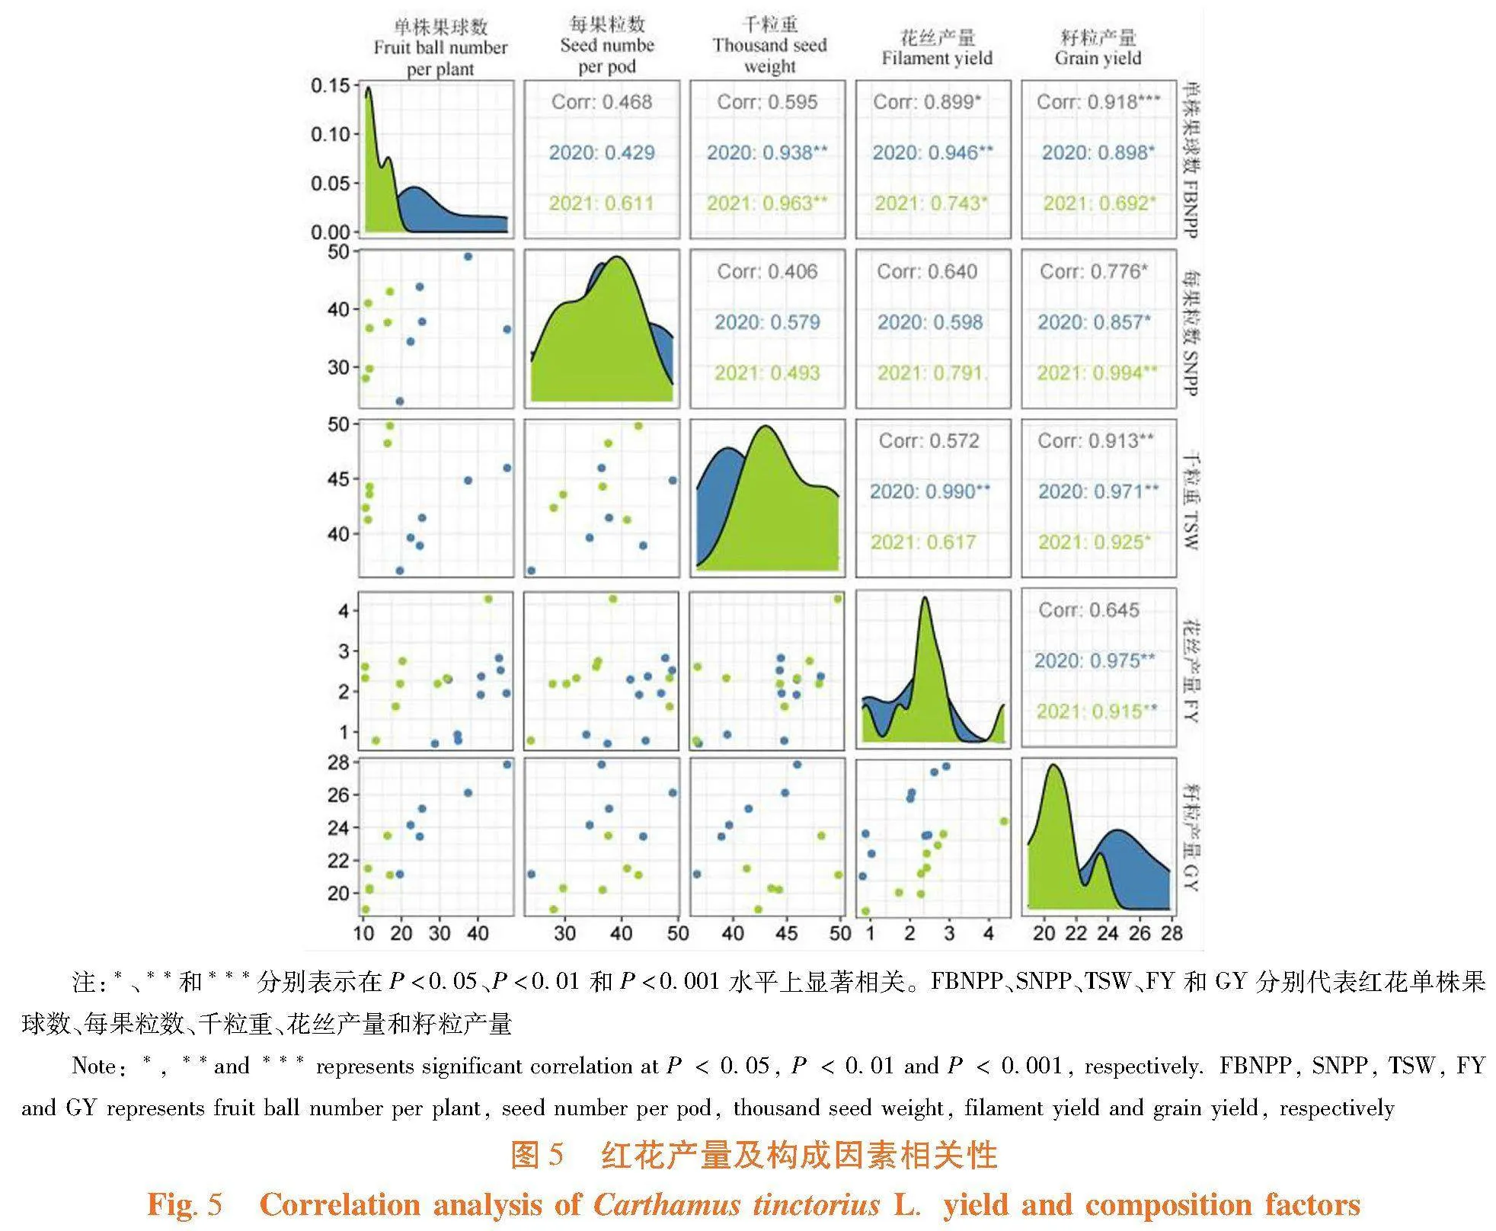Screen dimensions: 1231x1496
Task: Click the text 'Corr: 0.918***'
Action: point(1098,102)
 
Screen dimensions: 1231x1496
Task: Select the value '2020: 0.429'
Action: point(602,153)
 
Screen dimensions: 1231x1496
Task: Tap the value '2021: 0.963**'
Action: point(766,203)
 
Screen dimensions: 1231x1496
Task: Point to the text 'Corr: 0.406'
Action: point(767,272)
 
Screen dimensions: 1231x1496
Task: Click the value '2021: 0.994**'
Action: point(1097,373)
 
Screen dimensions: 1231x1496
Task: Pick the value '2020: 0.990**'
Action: point(930,491)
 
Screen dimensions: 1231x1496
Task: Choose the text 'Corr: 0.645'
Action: point(1088,610)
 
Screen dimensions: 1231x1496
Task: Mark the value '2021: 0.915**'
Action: point(1096,711)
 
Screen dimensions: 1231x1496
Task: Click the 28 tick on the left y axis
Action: point(338,763)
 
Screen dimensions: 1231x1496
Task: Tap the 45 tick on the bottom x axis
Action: point(787,933)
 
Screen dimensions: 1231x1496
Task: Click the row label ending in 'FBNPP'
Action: point(1190,161)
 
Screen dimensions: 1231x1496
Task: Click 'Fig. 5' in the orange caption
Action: point(184,1204)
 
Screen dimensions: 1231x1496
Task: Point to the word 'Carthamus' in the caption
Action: point(666,1204)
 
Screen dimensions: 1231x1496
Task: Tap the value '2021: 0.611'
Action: point(602,203)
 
